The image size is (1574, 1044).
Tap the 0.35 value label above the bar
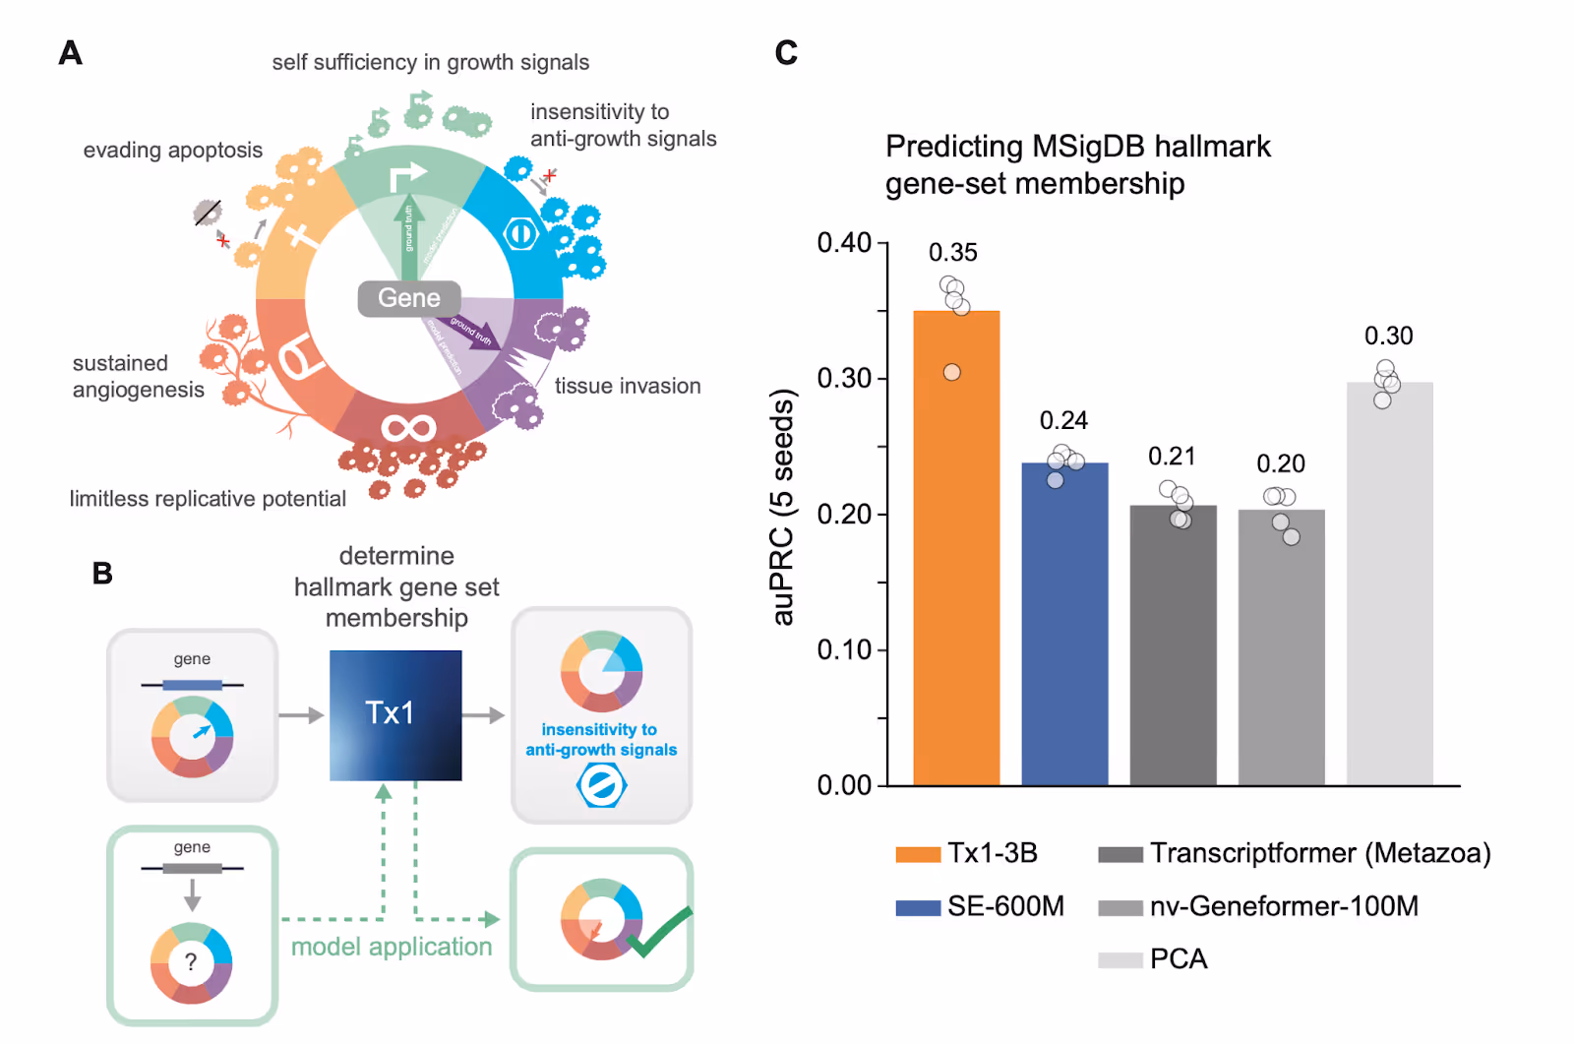(953, 253)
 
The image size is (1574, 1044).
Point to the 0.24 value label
(1063, 421)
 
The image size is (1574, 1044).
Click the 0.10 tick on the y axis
(845, 649)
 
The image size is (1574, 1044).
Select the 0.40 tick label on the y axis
(845, 242)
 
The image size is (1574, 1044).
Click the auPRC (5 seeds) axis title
(783, 507)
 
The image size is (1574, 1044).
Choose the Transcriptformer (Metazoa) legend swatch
(1120, 854)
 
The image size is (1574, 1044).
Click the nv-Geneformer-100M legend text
(1284, 906)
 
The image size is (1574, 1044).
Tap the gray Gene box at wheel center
(409, 298)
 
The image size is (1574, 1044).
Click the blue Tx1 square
(395, 714)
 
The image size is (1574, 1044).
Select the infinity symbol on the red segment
(408, 428)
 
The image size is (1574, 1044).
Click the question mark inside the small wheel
(191, 962)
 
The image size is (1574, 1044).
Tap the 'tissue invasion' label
(628, 386)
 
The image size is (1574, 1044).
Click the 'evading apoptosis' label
(173, 151)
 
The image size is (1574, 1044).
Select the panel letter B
(102, 574)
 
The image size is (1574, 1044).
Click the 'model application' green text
(392, 947)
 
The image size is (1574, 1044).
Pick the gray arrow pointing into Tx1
(301, 715)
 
